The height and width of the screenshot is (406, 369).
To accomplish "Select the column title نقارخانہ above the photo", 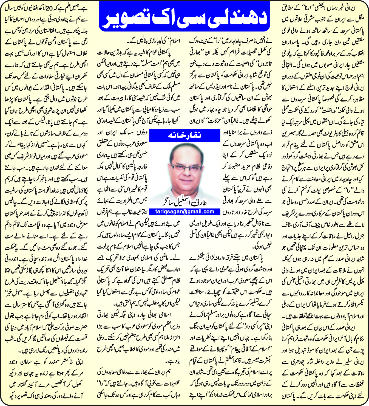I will pyautogui.click(x=184, y=135).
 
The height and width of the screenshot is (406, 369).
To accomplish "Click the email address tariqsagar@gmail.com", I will pyautogui.click(x=184, y=212).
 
